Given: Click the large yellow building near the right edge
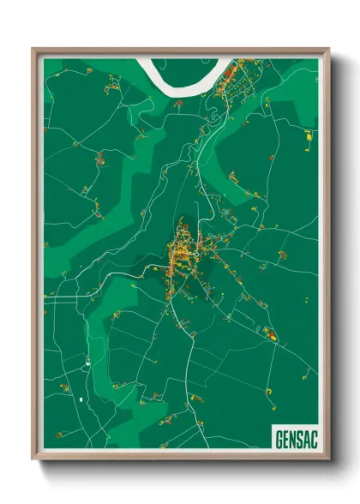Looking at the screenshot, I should tap(308, 135).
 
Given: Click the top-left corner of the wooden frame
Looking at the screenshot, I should tap(33, 49).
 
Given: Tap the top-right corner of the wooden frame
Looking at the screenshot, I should tap(327, 49).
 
